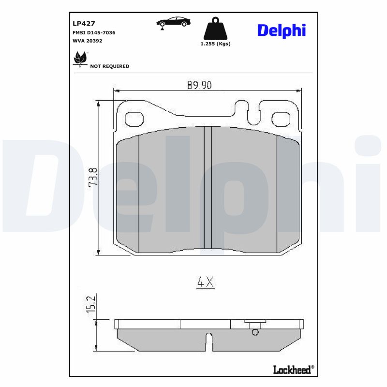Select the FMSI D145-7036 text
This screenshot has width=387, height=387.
click(x=93, y=32)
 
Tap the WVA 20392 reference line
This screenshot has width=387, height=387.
click(x=87, y=41)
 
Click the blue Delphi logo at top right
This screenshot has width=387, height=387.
click(x=281, y=30)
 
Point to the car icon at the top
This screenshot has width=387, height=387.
click(x=173, y=22)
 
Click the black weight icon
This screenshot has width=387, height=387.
click(x=215, y=30)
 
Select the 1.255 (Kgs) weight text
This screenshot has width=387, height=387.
click(x=215, y=44)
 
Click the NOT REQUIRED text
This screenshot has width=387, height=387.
click(x=110, y=66)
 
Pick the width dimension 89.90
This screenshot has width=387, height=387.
click(x=200, y=85)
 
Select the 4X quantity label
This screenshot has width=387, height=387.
click(x=205, y=283)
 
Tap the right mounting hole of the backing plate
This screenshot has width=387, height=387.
click(x=280, y=119)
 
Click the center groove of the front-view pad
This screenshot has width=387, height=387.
click(x=208, y=189)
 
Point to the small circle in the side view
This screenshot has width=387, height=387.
click(x=255, y=332)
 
